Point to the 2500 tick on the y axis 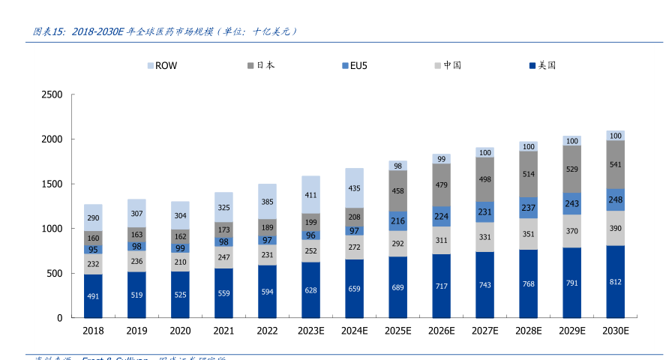point(52,94)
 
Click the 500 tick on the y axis point(55,274)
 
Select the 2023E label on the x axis point(310,331)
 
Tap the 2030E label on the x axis point(616,331)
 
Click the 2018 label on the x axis point(93,331)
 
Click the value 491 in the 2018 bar point(93,296)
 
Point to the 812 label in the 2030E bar point(616,282)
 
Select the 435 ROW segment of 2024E point(354,188)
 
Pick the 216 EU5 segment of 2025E point(397,221)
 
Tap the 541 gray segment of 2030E point(616,164)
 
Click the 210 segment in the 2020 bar point(180,262)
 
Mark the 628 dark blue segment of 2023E point(310,289)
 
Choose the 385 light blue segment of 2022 point(267,202)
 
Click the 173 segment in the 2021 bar point(223,230)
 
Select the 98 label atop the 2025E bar point(397,166)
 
